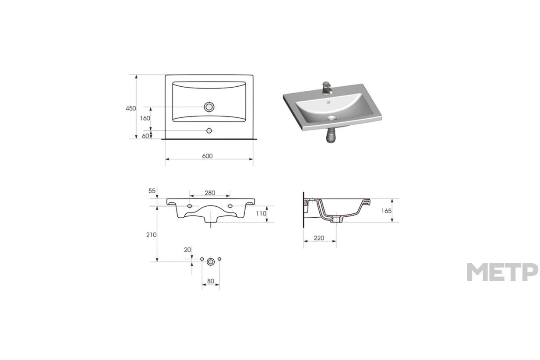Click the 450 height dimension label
coord(131,109)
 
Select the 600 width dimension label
coord(207,156)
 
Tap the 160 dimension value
coord(145,118)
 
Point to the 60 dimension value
coord(145,136)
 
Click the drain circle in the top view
coord(209,107)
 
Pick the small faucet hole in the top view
coord(209,131)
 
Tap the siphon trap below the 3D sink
coord(331,135)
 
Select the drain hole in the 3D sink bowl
coord(332,118)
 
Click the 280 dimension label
coord(210,193)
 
